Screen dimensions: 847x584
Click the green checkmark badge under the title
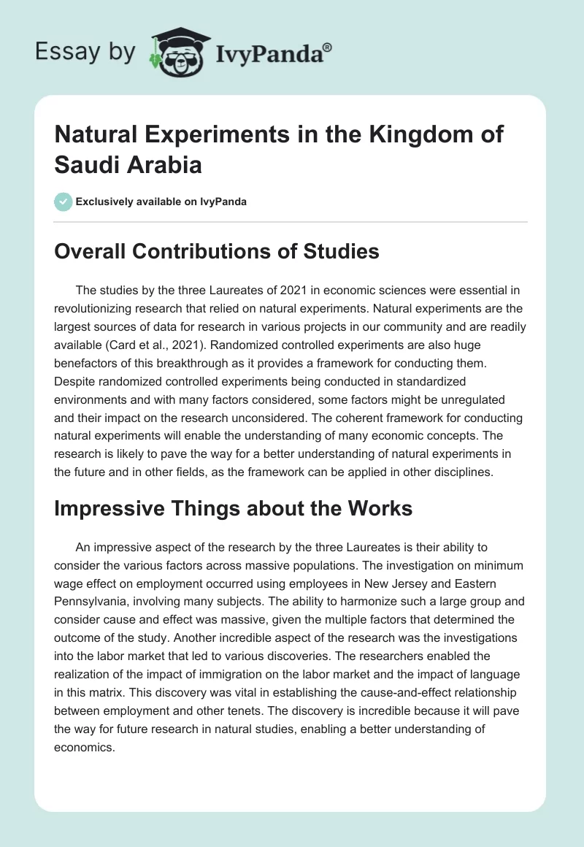point(64,202)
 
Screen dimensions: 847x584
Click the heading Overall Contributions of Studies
point(217,252)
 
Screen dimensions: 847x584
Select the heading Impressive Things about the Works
point(234,508)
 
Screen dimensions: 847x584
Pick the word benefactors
point(88,363)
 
